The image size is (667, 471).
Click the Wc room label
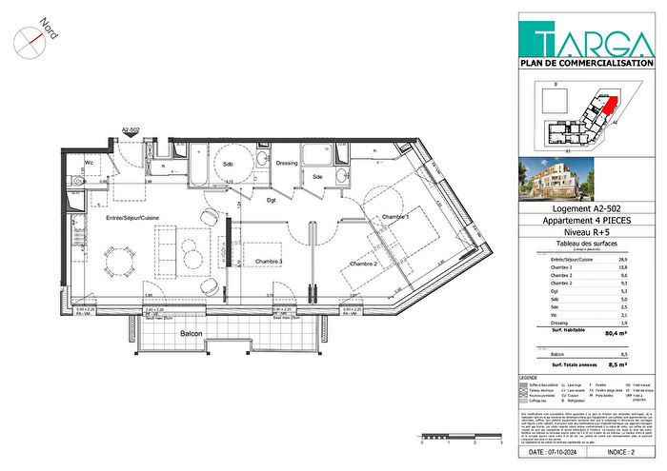pyautogui.click(x=89, y=163)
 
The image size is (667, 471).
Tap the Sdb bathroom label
pyautogui.click(x=229, y=164)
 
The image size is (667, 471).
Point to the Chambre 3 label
pyautogui.click(x=261, y=262)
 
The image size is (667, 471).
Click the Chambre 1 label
pyautogui.click(x=394, y=218)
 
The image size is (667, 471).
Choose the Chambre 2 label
pyautogui.click(x=364, y=263)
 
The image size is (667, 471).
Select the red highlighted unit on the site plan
pyautogui.click(x=606, y=108)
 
